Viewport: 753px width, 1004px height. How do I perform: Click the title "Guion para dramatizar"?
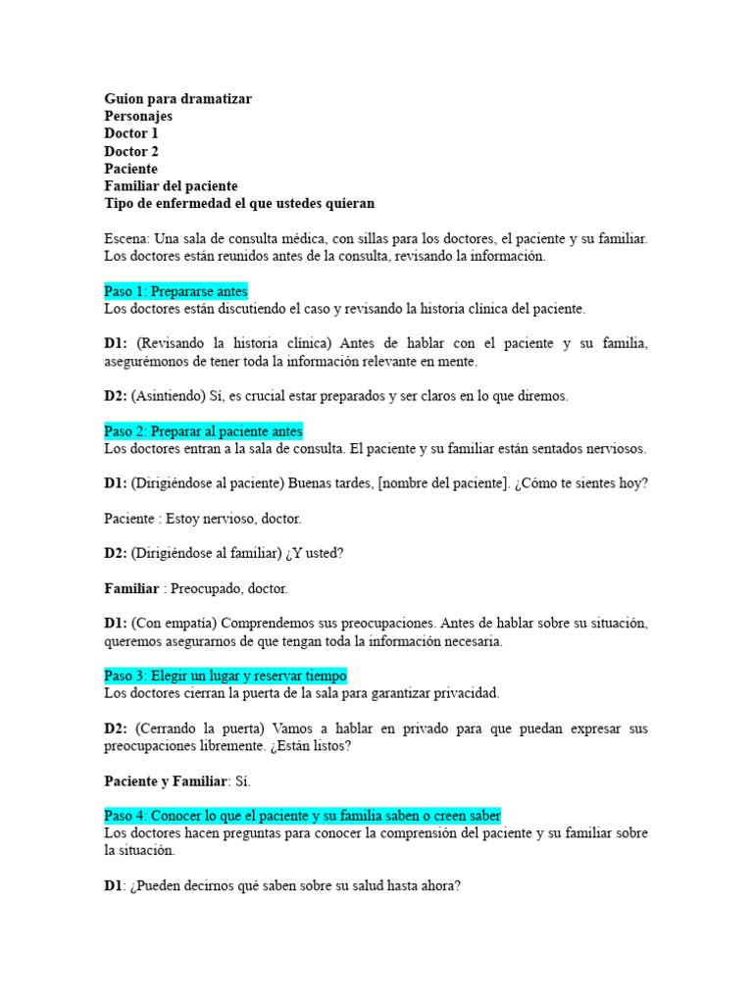click(x=177, y=99)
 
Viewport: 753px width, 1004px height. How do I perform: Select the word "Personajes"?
click(x=138, y=117)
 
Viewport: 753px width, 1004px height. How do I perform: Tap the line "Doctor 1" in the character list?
click(x=131, y=134)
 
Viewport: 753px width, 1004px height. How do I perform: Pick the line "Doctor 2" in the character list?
click(x=131, y=152)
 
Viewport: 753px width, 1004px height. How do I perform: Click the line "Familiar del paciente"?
click(x=171, y=186)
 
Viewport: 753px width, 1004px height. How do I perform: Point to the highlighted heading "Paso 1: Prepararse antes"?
click(x=176, y=291)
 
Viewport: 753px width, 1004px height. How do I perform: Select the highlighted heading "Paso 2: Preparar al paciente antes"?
click(x=203, y=431)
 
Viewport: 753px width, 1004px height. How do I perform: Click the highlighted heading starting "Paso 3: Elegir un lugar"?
click(x=225, y=677)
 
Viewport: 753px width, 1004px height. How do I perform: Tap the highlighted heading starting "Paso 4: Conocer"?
click(x=302, y=816)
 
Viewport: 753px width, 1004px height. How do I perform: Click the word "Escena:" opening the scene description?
click(x=127, y=239)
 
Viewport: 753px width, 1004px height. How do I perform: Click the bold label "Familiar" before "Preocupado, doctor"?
click(x=131, y=589)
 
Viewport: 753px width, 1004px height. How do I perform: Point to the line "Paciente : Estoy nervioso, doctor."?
click(x=202, y=519)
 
